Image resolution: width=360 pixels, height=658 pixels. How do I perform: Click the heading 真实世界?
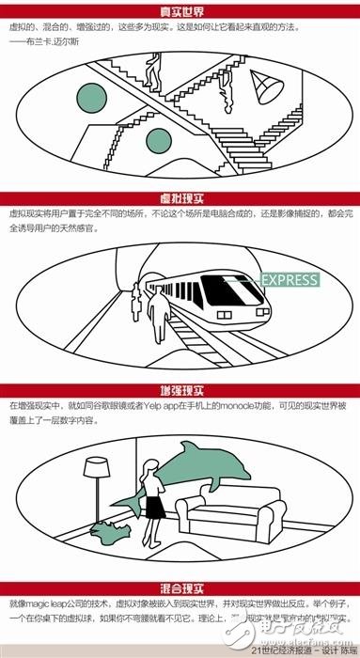[x=180, y=11]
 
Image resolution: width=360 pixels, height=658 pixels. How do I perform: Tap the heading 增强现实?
[x=180, y=388]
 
